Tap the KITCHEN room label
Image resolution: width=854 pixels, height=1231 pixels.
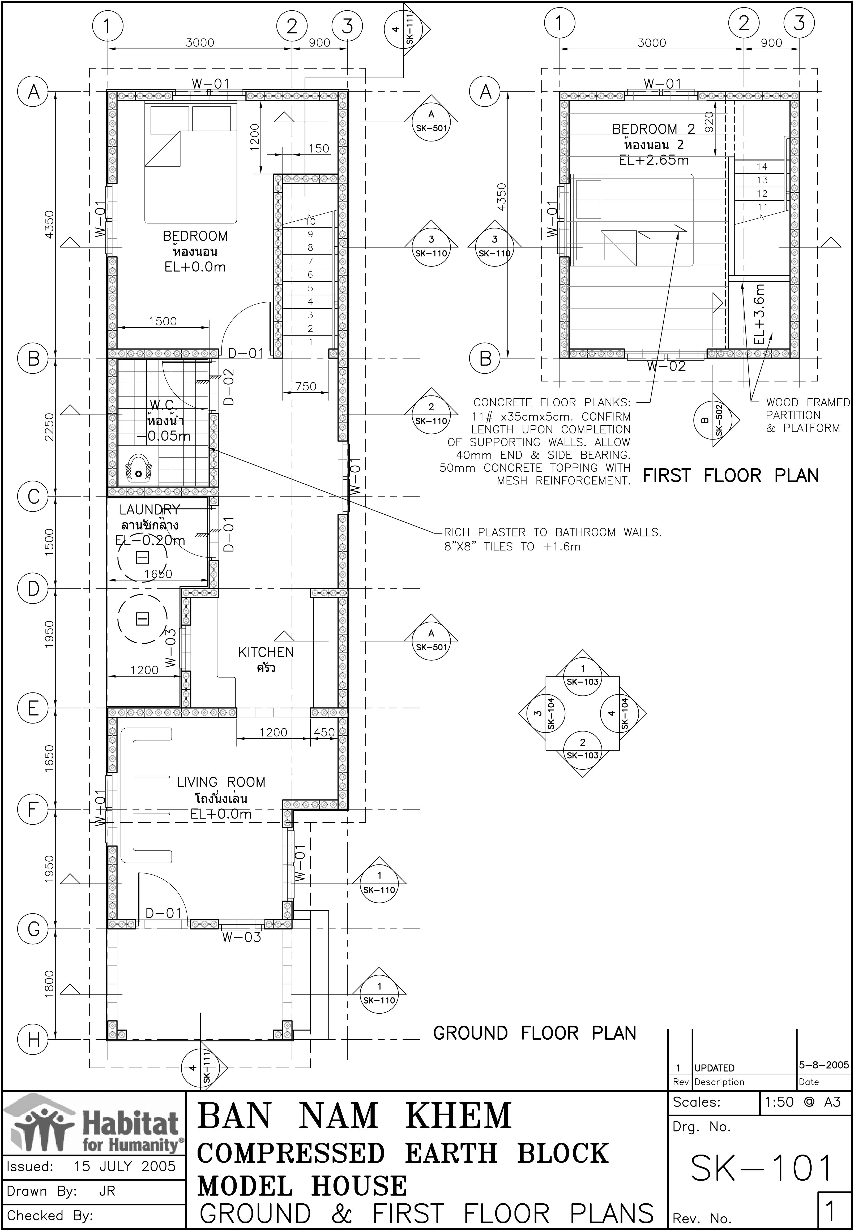(x=266, y=652)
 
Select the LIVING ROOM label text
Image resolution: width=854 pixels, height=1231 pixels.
(x=221, y=782)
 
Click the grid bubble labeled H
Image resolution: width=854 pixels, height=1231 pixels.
(x=33, y=1040)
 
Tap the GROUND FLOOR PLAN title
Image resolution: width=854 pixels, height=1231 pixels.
(x=535, y=1033)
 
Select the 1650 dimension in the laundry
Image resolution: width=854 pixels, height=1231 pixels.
(x=158, y=574)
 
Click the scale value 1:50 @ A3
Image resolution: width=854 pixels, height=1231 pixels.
(x=803, y=1102)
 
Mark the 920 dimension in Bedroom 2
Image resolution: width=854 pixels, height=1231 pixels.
(x=709, y=122)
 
